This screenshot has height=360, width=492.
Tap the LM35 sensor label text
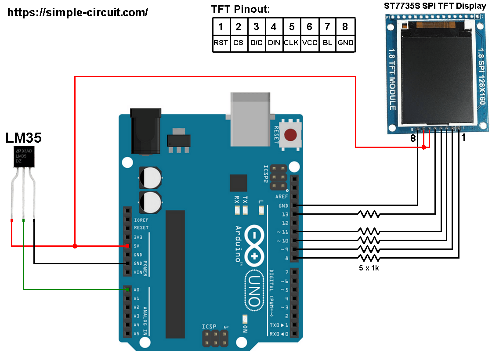tap(24, 138)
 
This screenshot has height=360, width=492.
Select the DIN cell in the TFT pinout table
tap(274, 43)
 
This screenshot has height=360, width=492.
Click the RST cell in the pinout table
tap(221, 43)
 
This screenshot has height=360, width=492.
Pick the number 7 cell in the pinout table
tap(327, 27)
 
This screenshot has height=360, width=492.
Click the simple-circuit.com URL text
tap(78, 13)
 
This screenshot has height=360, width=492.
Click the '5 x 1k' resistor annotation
tap(368, 267)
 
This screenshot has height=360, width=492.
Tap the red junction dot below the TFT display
tap(423, 148)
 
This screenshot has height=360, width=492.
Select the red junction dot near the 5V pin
tap(75, 246)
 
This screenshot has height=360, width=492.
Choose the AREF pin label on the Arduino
tap(282, 197)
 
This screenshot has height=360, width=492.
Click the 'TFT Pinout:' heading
tap(240, 9)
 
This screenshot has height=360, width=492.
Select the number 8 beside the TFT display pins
tap(413, 138)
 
